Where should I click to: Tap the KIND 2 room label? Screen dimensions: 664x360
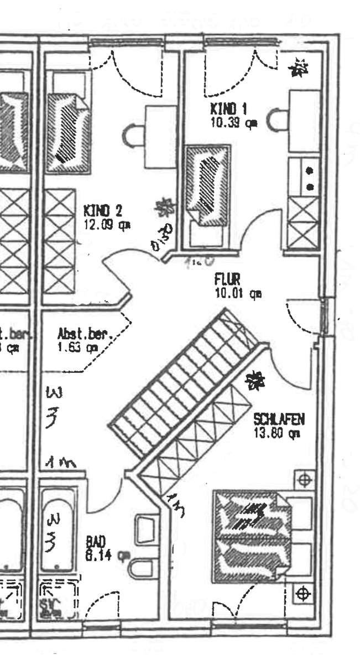103,210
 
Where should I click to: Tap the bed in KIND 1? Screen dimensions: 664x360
207,185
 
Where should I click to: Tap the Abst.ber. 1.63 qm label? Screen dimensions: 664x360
85,341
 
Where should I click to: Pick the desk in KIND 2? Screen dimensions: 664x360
159,137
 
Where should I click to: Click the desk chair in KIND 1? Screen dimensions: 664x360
276,120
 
